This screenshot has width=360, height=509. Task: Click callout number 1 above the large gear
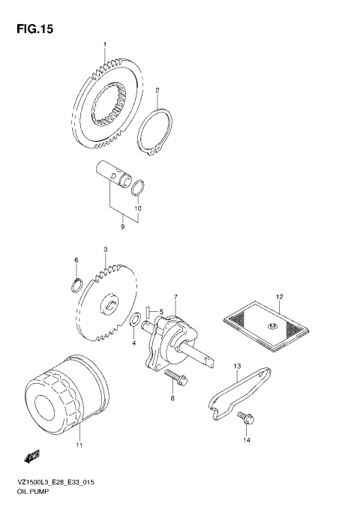point(105,45)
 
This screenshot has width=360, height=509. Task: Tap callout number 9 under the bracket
point(123,225)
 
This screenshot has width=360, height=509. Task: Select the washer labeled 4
point(133,322)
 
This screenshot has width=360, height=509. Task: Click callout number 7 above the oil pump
point(175,297)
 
